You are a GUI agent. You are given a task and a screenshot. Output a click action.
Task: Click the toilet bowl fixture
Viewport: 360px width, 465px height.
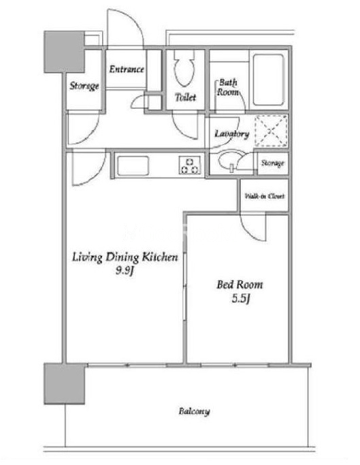[184, 69]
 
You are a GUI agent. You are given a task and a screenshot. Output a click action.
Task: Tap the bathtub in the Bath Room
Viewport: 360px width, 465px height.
[268, 80]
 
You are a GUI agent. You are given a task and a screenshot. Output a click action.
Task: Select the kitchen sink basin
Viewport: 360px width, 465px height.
[133, 165]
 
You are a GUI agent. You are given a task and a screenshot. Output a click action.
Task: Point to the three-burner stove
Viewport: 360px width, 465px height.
[189, 165]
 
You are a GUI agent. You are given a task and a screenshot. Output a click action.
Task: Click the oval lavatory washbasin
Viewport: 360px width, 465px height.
[229, 161]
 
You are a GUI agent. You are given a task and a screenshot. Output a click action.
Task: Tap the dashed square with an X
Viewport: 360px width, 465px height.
[271, 131]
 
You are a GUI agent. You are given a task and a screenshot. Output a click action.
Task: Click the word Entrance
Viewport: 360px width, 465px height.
[127, 69]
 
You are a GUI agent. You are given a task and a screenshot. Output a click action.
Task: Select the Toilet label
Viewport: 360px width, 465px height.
[185, 97]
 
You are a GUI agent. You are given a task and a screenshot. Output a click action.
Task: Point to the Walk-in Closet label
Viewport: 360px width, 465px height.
[265, 196]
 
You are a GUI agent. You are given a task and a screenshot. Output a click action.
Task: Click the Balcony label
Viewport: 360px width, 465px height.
[194, 411]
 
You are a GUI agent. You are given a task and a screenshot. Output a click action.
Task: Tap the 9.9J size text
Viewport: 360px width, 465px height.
[125, 271]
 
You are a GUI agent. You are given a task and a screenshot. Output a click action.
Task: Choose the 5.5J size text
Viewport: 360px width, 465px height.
[240, 298]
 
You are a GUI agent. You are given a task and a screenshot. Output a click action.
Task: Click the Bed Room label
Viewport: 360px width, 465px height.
[240, 285]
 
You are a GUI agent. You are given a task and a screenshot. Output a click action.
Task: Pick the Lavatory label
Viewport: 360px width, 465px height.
[231, 134]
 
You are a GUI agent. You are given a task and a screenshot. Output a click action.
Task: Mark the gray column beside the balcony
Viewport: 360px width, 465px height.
[65, 384]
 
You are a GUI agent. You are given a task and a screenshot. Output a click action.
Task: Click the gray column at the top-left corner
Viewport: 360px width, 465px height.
[64, 52]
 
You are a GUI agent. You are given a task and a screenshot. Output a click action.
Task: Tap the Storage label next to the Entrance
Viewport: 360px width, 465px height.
[84, 86]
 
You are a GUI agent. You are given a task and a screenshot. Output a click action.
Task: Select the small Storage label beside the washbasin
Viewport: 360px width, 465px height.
[272, 163]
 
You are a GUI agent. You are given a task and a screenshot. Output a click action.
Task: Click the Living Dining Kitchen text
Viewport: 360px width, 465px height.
[125, 257]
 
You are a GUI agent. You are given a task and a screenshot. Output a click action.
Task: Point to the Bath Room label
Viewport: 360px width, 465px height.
[228, 87]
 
